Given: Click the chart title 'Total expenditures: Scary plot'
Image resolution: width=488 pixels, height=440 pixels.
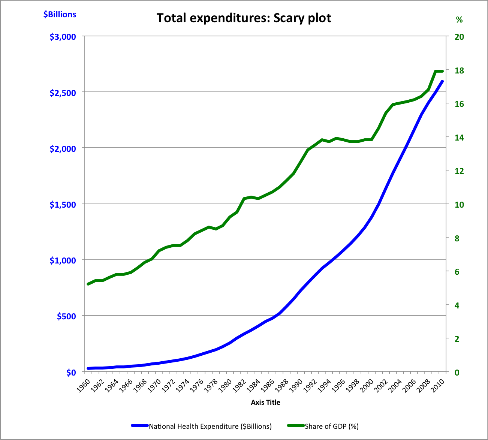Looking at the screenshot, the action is [244, 18].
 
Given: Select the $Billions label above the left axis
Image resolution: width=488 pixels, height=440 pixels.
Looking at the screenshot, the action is [60, 14].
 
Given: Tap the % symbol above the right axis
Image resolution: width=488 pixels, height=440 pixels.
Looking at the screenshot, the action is [459, 20].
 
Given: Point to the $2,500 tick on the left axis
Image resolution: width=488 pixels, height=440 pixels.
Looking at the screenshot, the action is [63, 93].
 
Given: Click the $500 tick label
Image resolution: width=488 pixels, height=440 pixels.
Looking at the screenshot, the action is [66, 316].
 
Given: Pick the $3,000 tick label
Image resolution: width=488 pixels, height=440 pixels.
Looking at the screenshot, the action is [63, 37].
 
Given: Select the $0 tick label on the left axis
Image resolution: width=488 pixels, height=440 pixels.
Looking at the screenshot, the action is [71, 373].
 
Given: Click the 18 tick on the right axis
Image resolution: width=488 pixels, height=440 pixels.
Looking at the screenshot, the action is [459, 70].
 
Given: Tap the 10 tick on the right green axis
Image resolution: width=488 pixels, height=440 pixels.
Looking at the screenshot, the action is [459, 205].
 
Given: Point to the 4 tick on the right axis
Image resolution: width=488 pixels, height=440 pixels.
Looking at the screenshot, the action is [457, 305].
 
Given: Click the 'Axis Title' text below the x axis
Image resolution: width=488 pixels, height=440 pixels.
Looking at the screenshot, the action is [265, 403].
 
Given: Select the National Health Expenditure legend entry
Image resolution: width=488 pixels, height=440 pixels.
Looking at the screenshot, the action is [201, 427].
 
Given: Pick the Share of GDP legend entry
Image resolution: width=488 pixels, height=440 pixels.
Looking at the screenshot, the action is [323, 427].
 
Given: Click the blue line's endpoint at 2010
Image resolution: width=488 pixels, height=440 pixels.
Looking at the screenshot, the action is [442, 81].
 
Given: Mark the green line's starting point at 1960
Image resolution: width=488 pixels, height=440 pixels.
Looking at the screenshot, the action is [88, 284].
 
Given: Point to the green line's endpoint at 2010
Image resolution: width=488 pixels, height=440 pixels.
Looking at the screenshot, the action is [442, 71].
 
